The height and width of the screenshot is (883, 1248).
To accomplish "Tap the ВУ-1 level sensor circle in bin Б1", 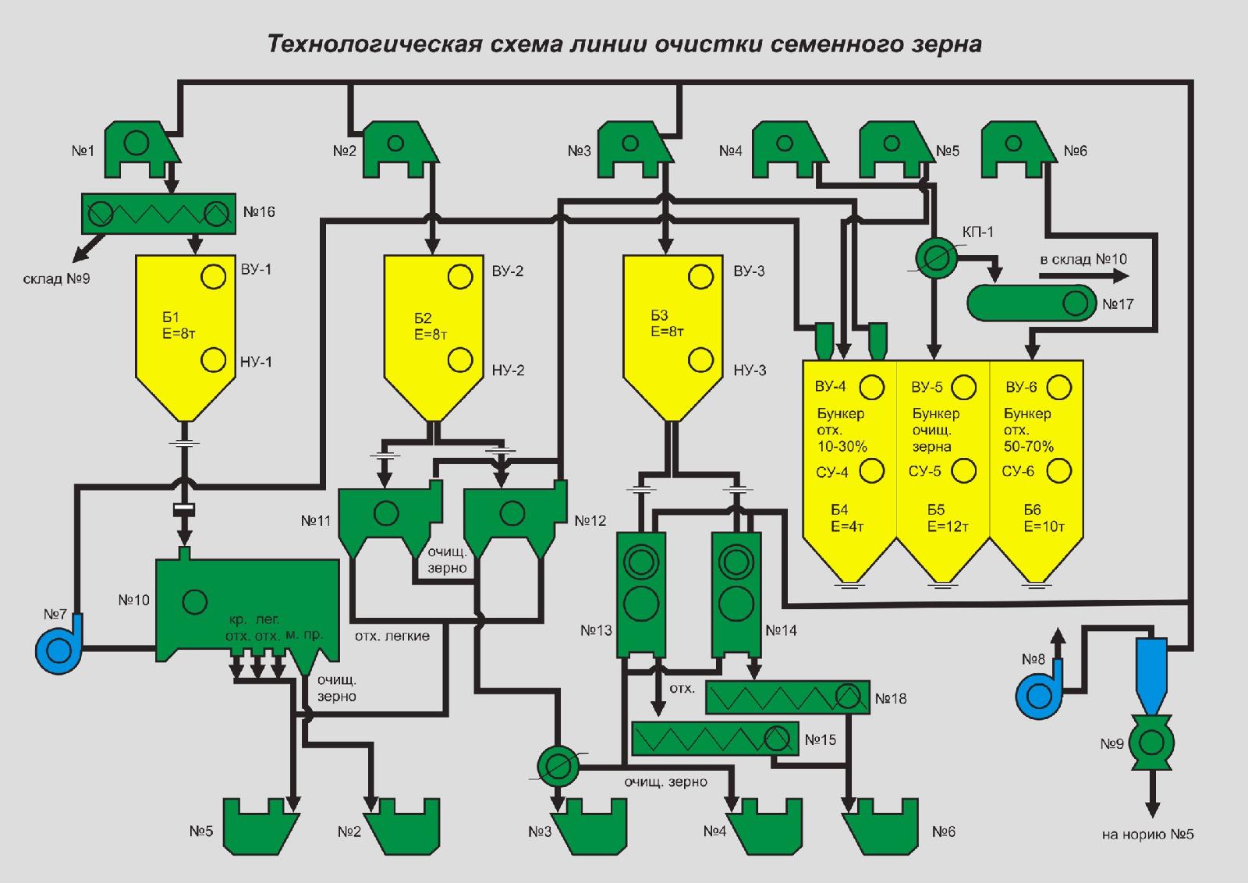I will pos(214,276).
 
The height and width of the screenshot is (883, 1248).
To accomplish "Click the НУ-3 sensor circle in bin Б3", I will pos(700,360).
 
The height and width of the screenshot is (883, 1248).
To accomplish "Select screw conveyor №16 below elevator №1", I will pos(158,213).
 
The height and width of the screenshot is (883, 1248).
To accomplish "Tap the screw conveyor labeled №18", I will pos(787,697).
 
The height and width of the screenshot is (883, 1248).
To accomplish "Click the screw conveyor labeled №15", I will pos(714,738).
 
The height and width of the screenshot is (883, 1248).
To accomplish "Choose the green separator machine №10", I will pos(234,605).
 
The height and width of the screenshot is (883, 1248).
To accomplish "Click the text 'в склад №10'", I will pos(1083,259).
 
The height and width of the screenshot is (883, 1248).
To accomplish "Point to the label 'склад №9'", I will pos(56,278).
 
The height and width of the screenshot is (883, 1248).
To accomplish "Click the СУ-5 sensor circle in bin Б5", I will pos(964,470).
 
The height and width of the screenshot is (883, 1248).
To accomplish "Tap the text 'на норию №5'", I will pos(1147,835).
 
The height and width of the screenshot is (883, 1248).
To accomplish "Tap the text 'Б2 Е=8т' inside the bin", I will pos(430,326).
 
